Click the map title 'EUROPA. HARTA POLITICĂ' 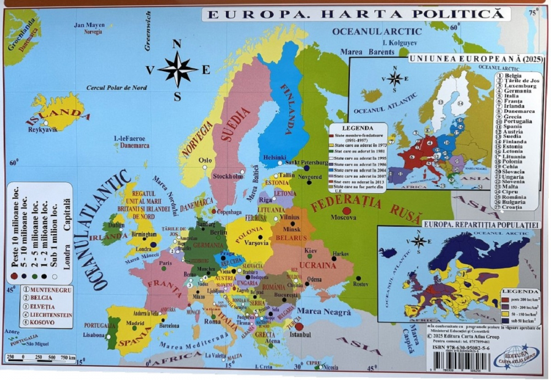point(353,14)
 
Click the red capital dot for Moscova point(347,211)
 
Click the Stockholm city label point(228,176)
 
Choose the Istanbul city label point(300,334)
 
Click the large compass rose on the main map point(177,70)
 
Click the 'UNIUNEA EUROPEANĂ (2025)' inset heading point(476,57)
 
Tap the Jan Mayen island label point(89,25)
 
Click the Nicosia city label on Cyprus point(330,367)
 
